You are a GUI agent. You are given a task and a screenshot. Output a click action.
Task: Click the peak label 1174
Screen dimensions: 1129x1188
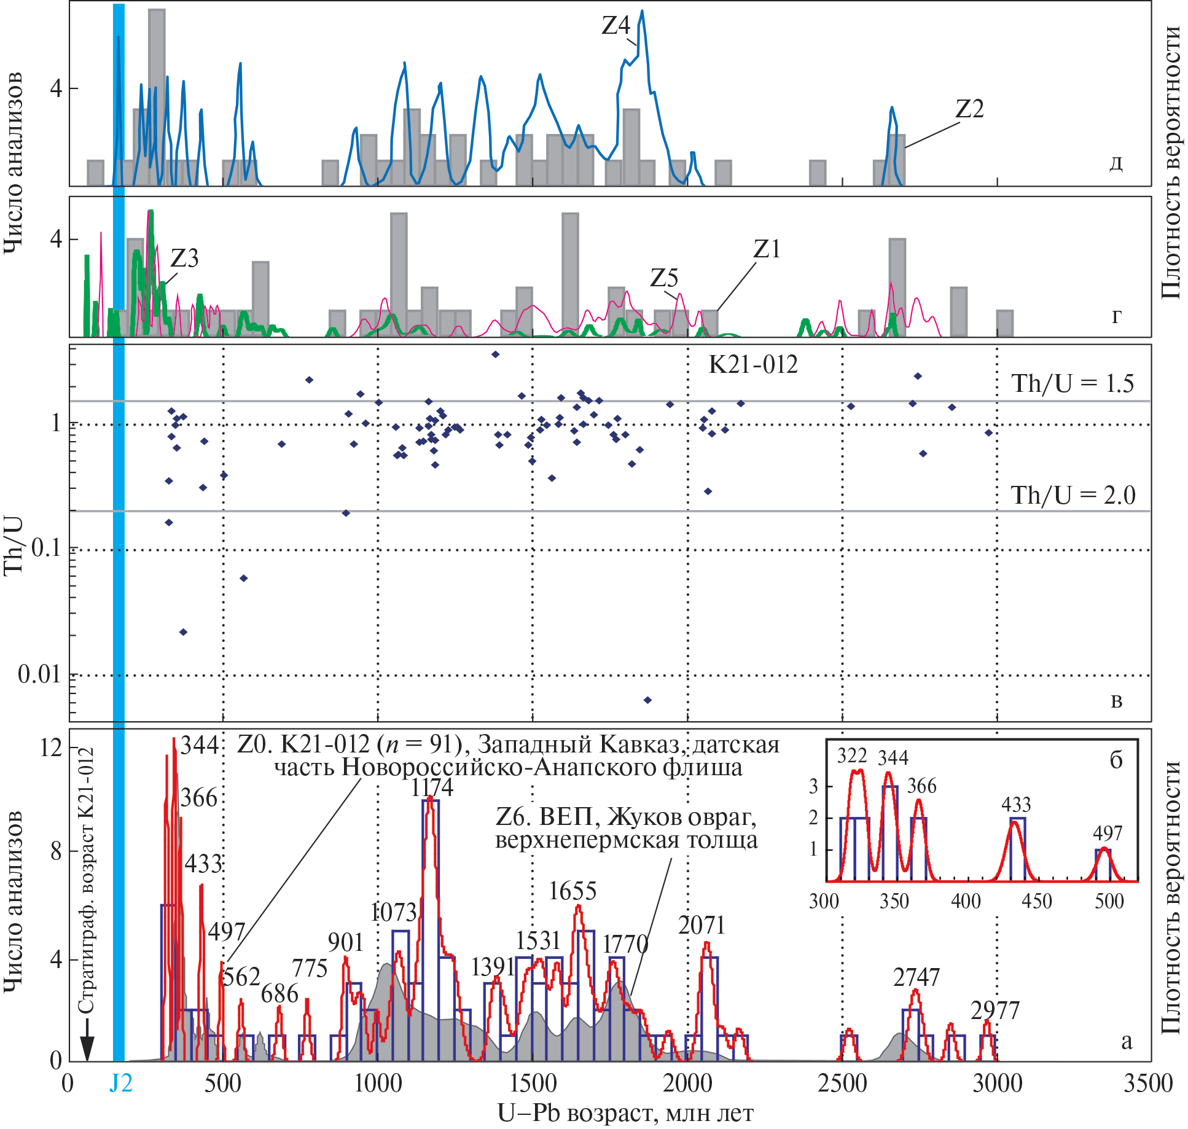pos(432,788)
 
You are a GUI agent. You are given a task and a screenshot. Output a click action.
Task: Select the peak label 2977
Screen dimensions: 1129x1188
pos(995,1011)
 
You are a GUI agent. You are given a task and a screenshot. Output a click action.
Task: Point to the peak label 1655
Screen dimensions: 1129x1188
pos(573,891)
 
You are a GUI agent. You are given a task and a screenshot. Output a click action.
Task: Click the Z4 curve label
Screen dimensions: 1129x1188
pos(615,26)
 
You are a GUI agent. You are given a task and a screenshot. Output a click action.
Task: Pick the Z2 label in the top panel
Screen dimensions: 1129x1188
pos(969,109)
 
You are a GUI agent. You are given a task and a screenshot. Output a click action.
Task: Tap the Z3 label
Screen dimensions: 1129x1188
pos(184,259)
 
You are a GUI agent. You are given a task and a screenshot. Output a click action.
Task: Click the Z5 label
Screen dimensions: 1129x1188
pos(664,278)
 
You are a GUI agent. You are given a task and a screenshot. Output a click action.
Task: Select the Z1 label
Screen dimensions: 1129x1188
pos(767,249)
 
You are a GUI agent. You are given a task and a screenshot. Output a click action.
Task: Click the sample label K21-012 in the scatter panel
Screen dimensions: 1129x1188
pos(753,365)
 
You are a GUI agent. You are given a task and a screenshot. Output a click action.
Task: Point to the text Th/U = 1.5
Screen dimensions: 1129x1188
pos(1073,384)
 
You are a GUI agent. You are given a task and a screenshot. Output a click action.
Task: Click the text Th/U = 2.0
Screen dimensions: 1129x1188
pos(1073,495)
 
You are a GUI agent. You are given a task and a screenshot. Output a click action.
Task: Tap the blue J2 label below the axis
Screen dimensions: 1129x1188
pos(120,1084)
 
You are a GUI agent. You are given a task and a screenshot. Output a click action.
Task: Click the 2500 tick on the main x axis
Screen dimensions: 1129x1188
pos(842,1084)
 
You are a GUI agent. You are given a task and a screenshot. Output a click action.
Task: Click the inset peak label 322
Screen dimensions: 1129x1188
pos(851,756)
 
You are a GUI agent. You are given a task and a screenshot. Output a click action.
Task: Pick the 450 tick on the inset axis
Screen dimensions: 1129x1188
pos(1037,901)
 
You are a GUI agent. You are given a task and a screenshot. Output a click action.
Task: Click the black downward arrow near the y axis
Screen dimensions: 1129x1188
pos(87,1041)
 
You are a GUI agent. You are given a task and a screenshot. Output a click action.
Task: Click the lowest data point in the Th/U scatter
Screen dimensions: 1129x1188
pos(647,700)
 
